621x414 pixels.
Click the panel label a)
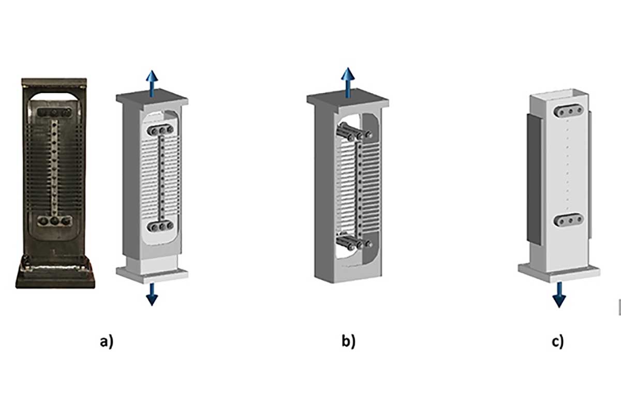[x=107, y=342]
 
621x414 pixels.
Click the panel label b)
[x=348, y=341]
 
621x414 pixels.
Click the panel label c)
[x=557, y=342]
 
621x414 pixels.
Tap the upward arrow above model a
[x=152, y=83]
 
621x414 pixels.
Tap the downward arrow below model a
[x=152, y=294]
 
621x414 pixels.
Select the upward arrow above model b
[x=348, y=82]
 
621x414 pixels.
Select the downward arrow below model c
[x=559, y=295]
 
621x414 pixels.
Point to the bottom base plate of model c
[x=559, y=273]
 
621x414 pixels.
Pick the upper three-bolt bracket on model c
[x=568, y=111]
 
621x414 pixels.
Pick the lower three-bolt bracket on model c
[x=568, y=220]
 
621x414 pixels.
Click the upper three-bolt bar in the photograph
[x=54, y=113]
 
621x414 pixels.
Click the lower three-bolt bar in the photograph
[x=55, y=221]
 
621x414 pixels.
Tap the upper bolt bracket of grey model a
[x=160, y=130]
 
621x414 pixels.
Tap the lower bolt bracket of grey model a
[x=160, y=227]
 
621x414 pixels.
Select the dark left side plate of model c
[x=534, y=180]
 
